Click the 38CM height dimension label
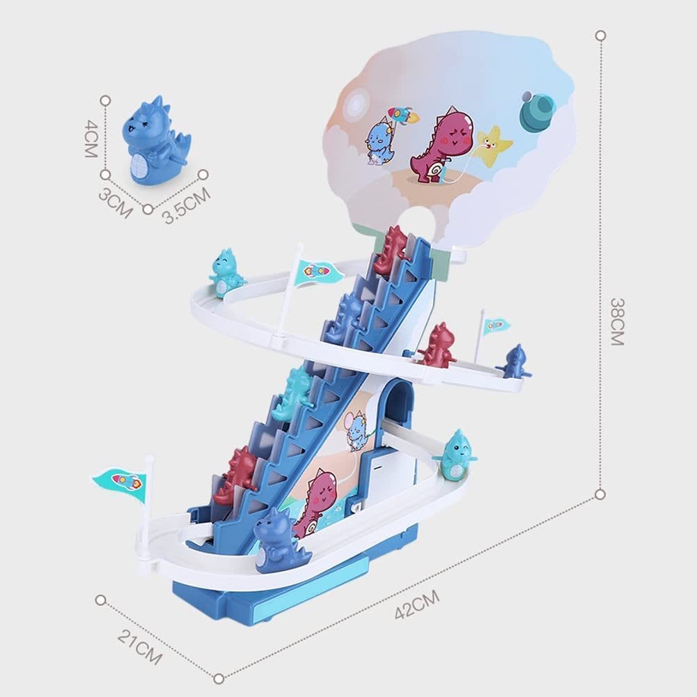pyautogui.click(x=617, y=322)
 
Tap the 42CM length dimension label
pyautogui.click(x=417, y=604)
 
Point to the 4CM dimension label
pyautogui.click(x=91, y=139)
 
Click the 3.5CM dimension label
pyautogui.click(x=187, y=205)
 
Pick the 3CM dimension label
pyautogui.click(x=116, y=203)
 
